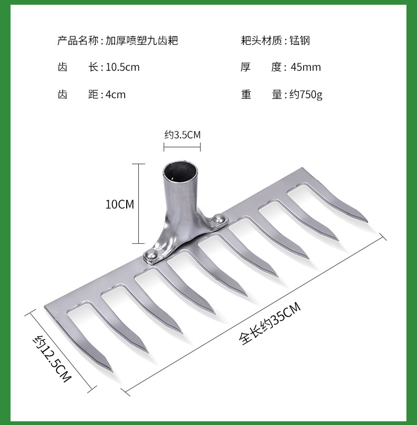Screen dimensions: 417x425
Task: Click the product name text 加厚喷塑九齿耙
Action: click(141, 40)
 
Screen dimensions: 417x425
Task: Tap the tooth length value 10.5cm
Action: click(122, 67)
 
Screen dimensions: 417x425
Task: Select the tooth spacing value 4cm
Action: click(116, 95)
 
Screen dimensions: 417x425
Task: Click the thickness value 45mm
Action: click(306, 67)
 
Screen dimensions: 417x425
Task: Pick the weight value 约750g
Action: click(306, 95)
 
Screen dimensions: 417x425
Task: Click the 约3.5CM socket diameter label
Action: click(182, 135)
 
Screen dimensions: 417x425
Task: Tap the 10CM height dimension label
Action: click(120, 204)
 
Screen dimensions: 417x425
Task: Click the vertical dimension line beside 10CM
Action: click(139, 203)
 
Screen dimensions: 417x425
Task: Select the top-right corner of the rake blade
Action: click(303, 169)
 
